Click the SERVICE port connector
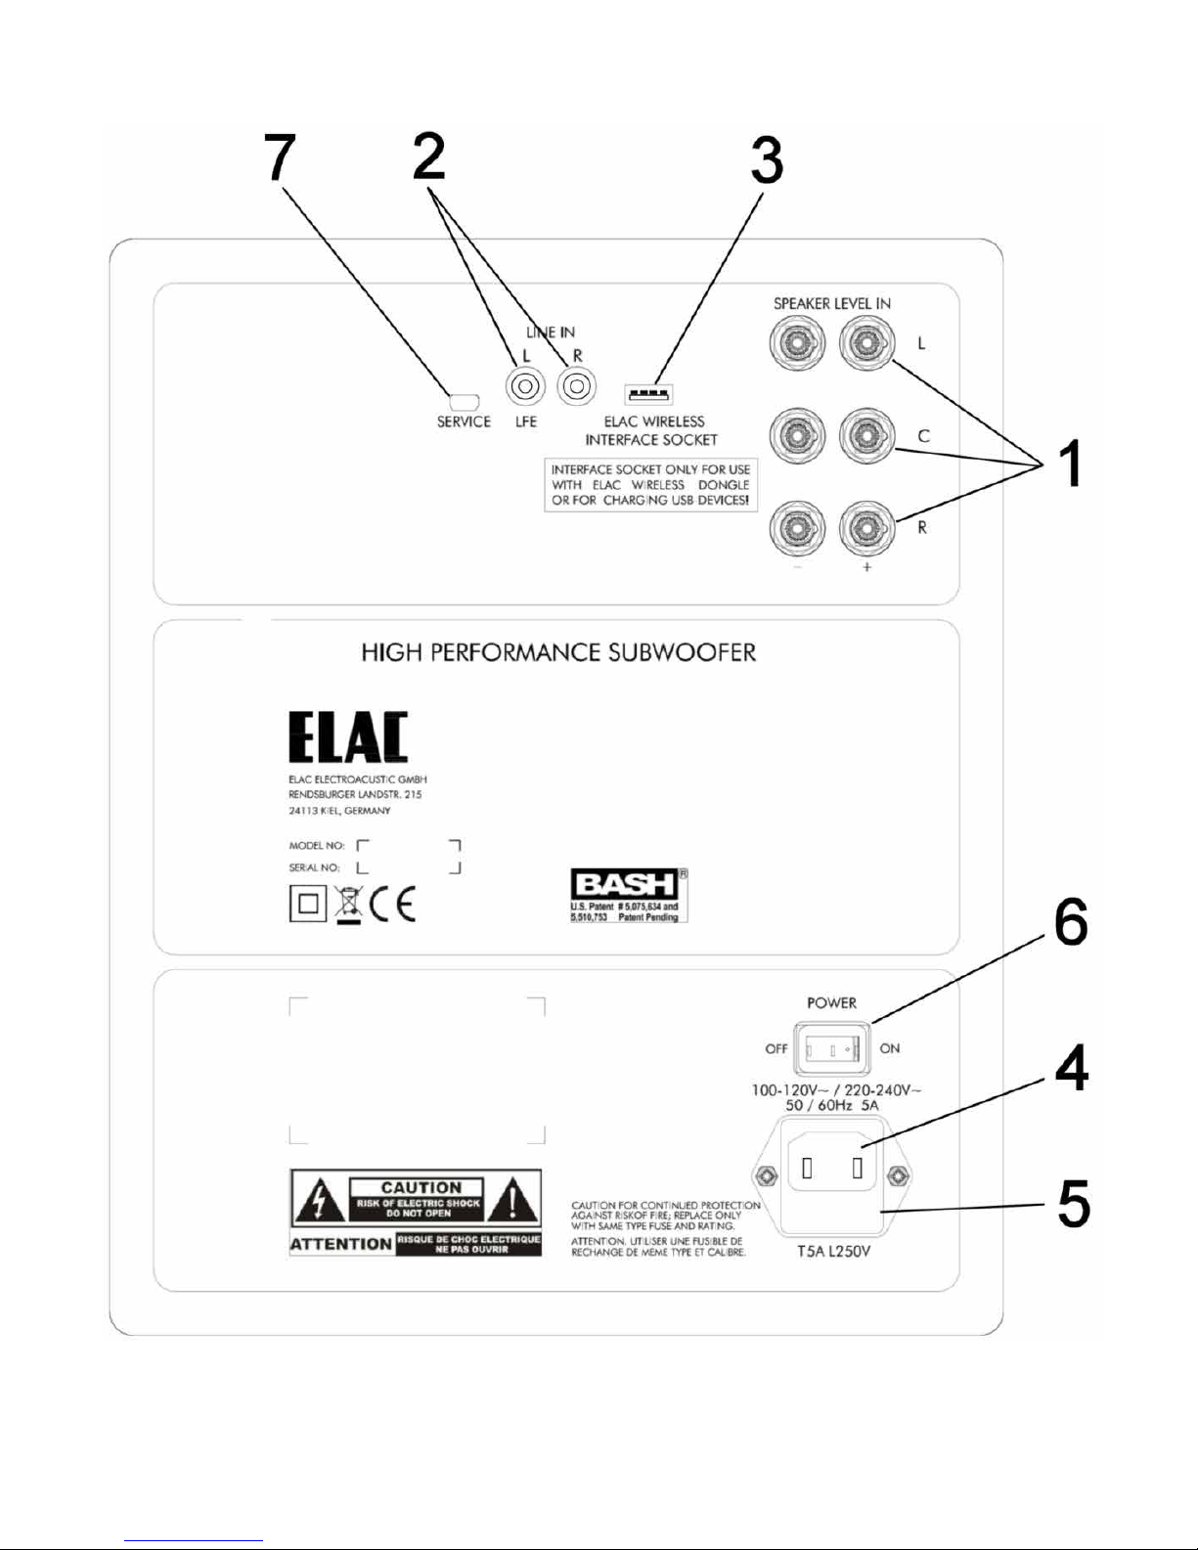click(x=463, y=401)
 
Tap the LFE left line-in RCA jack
click(x=525, y=387)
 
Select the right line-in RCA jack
click(x=576, y=387)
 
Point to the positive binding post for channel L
click(x=863, y=344)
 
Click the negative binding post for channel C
click(x=797, y=435)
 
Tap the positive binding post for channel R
click(x=863, y=528)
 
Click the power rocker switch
click(x=831, y=1049)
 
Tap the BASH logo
click(x=624, y=884)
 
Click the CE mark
click(x=393, y=904)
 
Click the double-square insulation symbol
click(x=307, y=904)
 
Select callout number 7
click(x=280, y=158)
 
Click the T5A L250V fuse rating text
click(x=833, y=1252)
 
